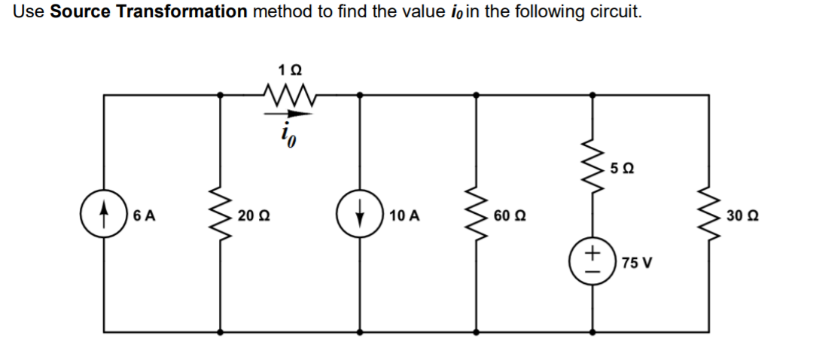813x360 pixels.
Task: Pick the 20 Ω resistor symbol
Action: pyautogui.click(x=221, y=215)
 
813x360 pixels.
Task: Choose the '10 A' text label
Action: pyautogui.click(x=406, y=215)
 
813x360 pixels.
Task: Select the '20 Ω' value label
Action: pyautogui.click(x=249, y=215)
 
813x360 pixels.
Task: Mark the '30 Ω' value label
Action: pyautogui.click(x=741, y=215)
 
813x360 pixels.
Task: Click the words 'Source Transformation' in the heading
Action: pyautogui.click(x=148, y=11)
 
